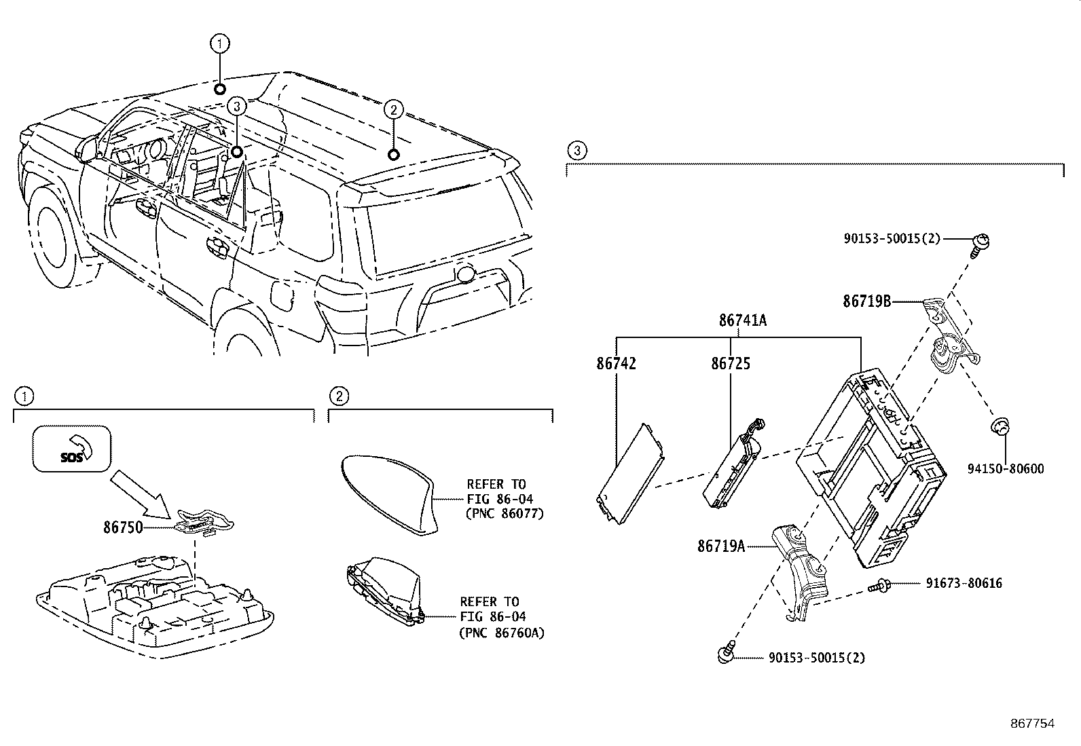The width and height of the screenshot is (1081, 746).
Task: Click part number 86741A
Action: coord(743,320)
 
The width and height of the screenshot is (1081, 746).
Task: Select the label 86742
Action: coord(617,364)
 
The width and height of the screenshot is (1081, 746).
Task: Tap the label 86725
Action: coord(731,364)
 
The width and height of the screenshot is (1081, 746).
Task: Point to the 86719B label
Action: coord(866,301)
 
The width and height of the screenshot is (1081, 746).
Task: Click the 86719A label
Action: coord(721,546)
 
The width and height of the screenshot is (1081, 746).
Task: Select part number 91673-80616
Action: coord(964,583)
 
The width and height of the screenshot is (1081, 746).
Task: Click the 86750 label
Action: coord(123,526)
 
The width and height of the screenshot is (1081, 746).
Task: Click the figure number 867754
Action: coord(1031,724)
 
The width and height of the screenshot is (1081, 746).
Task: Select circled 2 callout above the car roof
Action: coord(393,109)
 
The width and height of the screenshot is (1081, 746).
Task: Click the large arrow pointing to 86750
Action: coord(141,490)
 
